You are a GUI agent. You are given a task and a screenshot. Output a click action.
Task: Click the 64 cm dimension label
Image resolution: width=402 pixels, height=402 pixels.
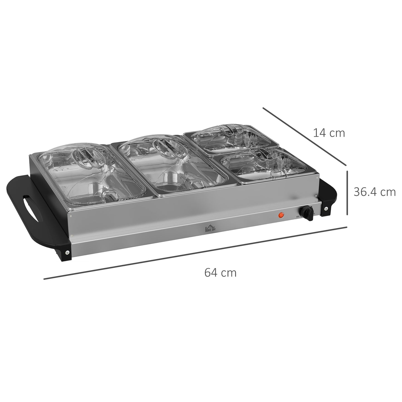click(220, 273)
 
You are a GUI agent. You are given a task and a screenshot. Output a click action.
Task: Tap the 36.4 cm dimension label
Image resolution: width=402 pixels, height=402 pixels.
click(374, 192)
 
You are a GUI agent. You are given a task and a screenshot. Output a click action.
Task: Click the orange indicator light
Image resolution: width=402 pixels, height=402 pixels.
click(281, 215)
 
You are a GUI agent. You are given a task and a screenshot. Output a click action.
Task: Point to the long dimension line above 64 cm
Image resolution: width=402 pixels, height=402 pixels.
click(195, 253)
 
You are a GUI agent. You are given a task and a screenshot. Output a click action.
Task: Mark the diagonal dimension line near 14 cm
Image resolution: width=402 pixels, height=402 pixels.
click(305, 136)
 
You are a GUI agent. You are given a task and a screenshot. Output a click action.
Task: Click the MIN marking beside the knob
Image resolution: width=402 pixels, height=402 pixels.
click(297, 215)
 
